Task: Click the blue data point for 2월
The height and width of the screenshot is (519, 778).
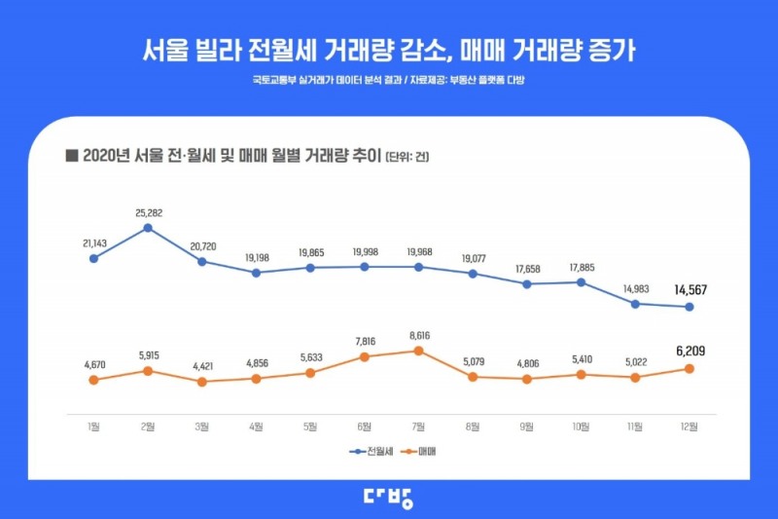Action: point(148,228)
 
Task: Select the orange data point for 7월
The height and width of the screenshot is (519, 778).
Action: point(418,351)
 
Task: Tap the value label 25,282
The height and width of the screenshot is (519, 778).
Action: point(148,210)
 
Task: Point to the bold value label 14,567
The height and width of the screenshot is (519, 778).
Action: point(689,289)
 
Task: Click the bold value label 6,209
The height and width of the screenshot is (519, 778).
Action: point(689,351)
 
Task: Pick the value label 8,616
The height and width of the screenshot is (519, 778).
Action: point(418,333)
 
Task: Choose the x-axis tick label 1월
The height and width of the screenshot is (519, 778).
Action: point(93,425)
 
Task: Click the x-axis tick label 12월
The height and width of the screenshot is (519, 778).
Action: point(689,425)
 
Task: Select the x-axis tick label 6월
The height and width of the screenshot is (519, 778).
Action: point(364,425)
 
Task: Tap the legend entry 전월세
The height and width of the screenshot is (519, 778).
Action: point(373,452)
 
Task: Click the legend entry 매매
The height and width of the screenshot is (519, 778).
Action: point(426,452)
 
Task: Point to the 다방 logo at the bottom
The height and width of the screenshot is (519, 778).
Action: point(388,498)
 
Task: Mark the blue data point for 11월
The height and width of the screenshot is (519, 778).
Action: point(635,304)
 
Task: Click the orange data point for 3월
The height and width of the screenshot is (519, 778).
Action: point(202,382)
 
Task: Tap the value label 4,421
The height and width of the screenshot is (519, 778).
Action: point(202,365)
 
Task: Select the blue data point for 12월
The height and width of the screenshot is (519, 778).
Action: point(689,307)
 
